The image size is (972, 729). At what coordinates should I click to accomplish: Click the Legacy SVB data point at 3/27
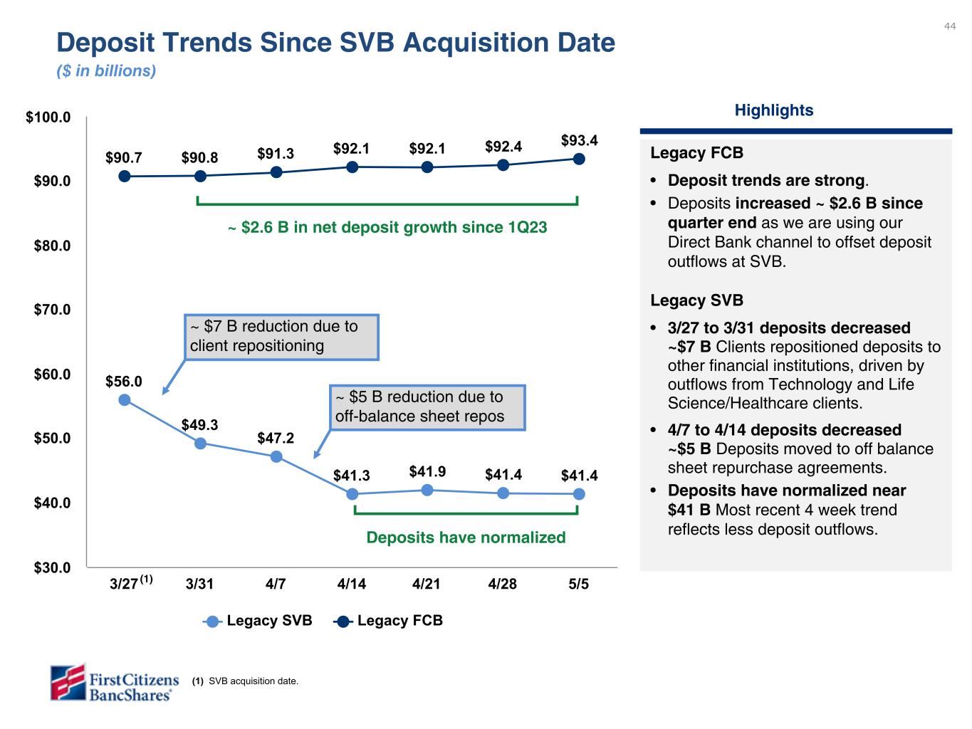125,400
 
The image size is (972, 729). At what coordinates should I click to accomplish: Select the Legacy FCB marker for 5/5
579,159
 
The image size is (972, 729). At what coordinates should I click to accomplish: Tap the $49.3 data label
199,425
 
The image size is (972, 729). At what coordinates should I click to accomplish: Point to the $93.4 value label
579,140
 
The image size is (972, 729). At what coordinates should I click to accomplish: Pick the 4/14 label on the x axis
352,584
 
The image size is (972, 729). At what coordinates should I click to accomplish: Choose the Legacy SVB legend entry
258,621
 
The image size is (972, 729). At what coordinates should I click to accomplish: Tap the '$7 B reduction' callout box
281,337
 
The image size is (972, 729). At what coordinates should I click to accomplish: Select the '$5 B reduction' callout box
428,407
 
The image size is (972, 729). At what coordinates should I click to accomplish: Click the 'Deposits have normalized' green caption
466,537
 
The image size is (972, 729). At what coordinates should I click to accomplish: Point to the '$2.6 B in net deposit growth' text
387,228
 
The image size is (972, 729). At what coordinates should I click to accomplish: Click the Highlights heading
773,110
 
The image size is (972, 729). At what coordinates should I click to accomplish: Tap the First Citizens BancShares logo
114,682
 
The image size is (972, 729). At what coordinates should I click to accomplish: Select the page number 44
950,26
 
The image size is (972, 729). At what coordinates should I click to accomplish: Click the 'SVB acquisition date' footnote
246,681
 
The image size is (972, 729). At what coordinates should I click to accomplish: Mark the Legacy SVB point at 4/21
427,490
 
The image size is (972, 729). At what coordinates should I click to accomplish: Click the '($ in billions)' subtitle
106,71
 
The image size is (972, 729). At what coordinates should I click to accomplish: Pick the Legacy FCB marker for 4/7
276,172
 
